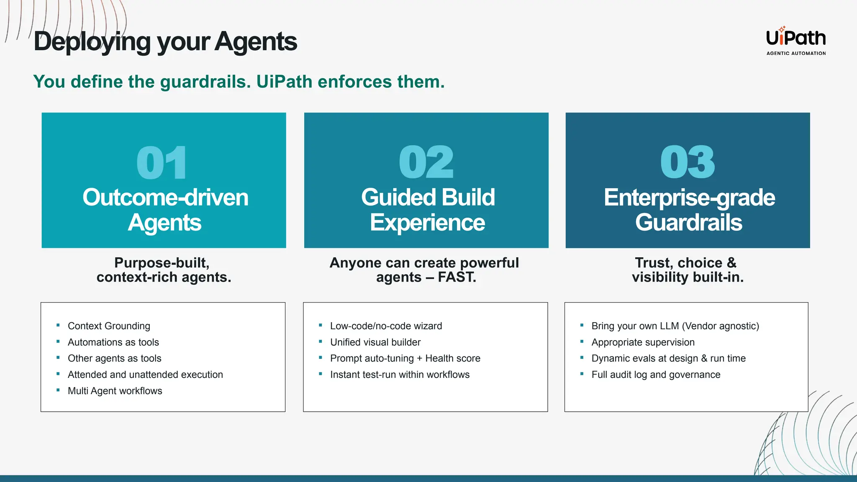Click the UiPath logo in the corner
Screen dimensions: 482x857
tap(795, 38)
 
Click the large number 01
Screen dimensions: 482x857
tap(162, 163)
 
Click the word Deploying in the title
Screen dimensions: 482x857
tap(92, 42)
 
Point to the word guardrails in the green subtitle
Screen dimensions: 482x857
tap(205, 82)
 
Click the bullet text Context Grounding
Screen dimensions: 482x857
tap(109, 326)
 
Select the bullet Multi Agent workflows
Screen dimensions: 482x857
tap(115, 391)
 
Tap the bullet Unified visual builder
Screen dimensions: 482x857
tap(375, 342)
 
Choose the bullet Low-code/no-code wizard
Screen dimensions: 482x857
tap(386, 326)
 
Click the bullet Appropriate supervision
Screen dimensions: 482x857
tap(643, 342)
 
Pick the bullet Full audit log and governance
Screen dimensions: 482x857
tap(656, 374)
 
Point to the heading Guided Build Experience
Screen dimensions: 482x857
tap(428, 210)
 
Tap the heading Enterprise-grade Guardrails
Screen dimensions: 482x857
tap(689, 210)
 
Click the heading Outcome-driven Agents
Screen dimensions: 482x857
tap(165, 210)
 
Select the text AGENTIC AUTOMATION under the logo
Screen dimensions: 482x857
tap(796, 54)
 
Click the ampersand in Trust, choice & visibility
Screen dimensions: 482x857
tap(731, 263)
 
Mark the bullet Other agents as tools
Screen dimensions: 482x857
tap(114, 359)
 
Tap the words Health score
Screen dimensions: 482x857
tap(453, 359)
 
